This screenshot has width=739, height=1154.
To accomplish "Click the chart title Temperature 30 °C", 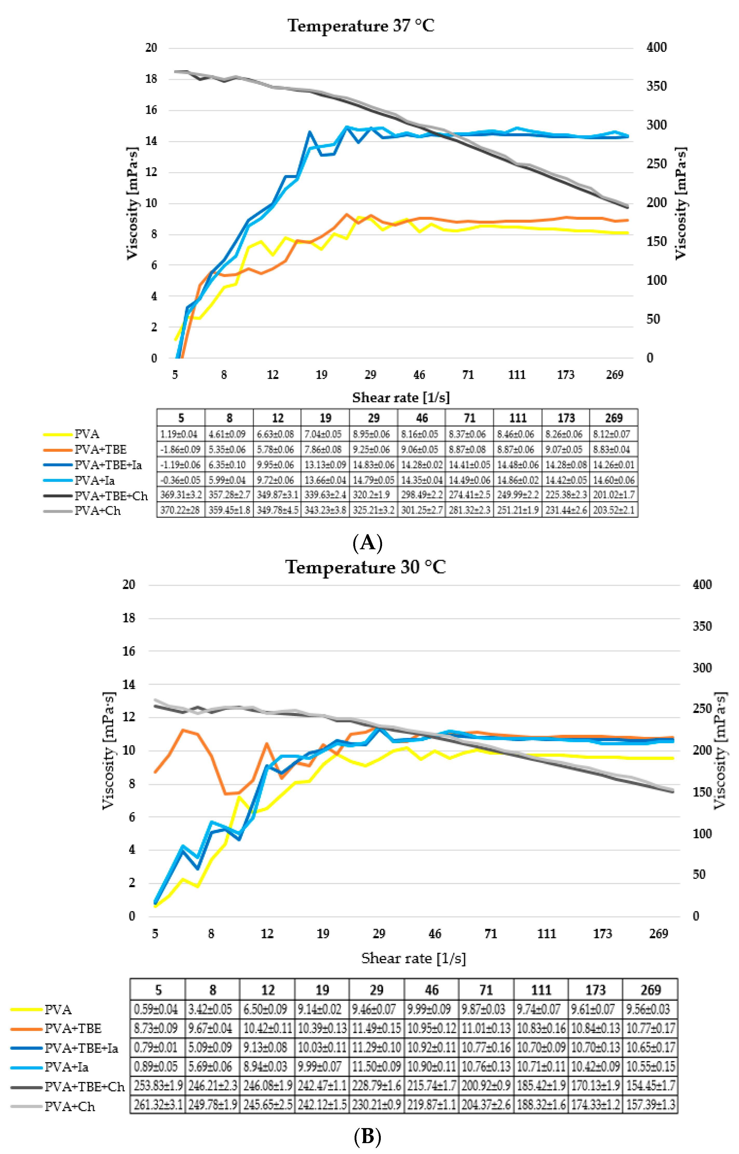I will [366, 567].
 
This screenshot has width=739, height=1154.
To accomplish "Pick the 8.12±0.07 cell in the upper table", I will [614, 434].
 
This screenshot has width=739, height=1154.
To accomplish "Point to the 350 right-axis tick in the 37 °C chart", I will [656, 86].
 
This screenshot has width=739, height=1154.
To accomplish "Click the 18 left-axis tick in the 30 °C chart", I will [128, 618].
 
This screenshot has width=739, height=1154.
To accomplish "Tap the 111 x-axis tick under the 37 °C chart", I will [517, 375].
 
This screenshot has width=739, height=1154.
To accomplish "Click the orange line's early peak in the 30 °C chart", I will [183, 730].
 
